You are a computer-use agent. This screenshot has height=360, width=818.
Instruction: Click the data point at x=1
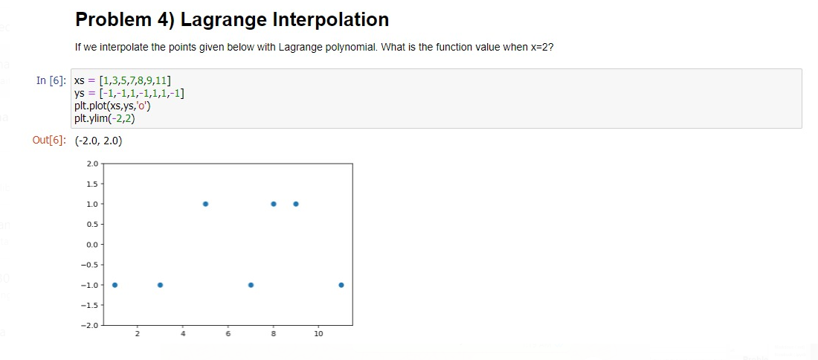115,285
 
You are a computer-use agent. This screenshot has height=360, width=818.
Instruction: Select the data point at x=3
160,285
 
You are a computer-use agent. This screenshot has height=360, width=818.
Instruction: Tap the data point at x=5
205,204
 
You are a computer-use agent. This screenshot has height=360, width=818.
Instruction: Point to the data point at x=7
251,285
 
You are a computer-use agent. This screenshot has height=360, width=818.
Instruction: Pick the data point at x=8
274,204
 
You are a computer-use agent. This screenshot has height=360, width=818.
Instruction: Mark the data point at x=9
296,204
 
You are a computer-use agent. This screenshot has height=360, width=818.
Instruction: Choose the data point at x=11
341,285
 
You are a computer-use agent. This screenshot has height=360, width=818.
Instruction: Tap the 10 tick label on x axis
319,333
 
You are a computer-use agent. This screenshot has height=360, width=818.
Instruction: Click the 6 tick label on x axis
228,333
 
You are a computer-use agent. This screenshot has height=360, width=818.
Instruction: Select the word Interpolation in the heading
331,20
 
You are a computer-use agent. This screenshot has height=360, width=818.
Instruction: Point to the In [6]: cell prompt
51,80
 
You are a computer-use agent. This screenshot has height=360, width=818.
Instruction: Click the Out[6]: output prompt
49,141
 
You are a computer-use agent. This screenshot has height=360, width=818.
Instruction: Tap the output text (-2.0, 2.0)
99,141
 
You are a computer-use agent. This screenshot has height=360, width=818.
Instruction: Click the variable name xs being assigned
80,81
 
